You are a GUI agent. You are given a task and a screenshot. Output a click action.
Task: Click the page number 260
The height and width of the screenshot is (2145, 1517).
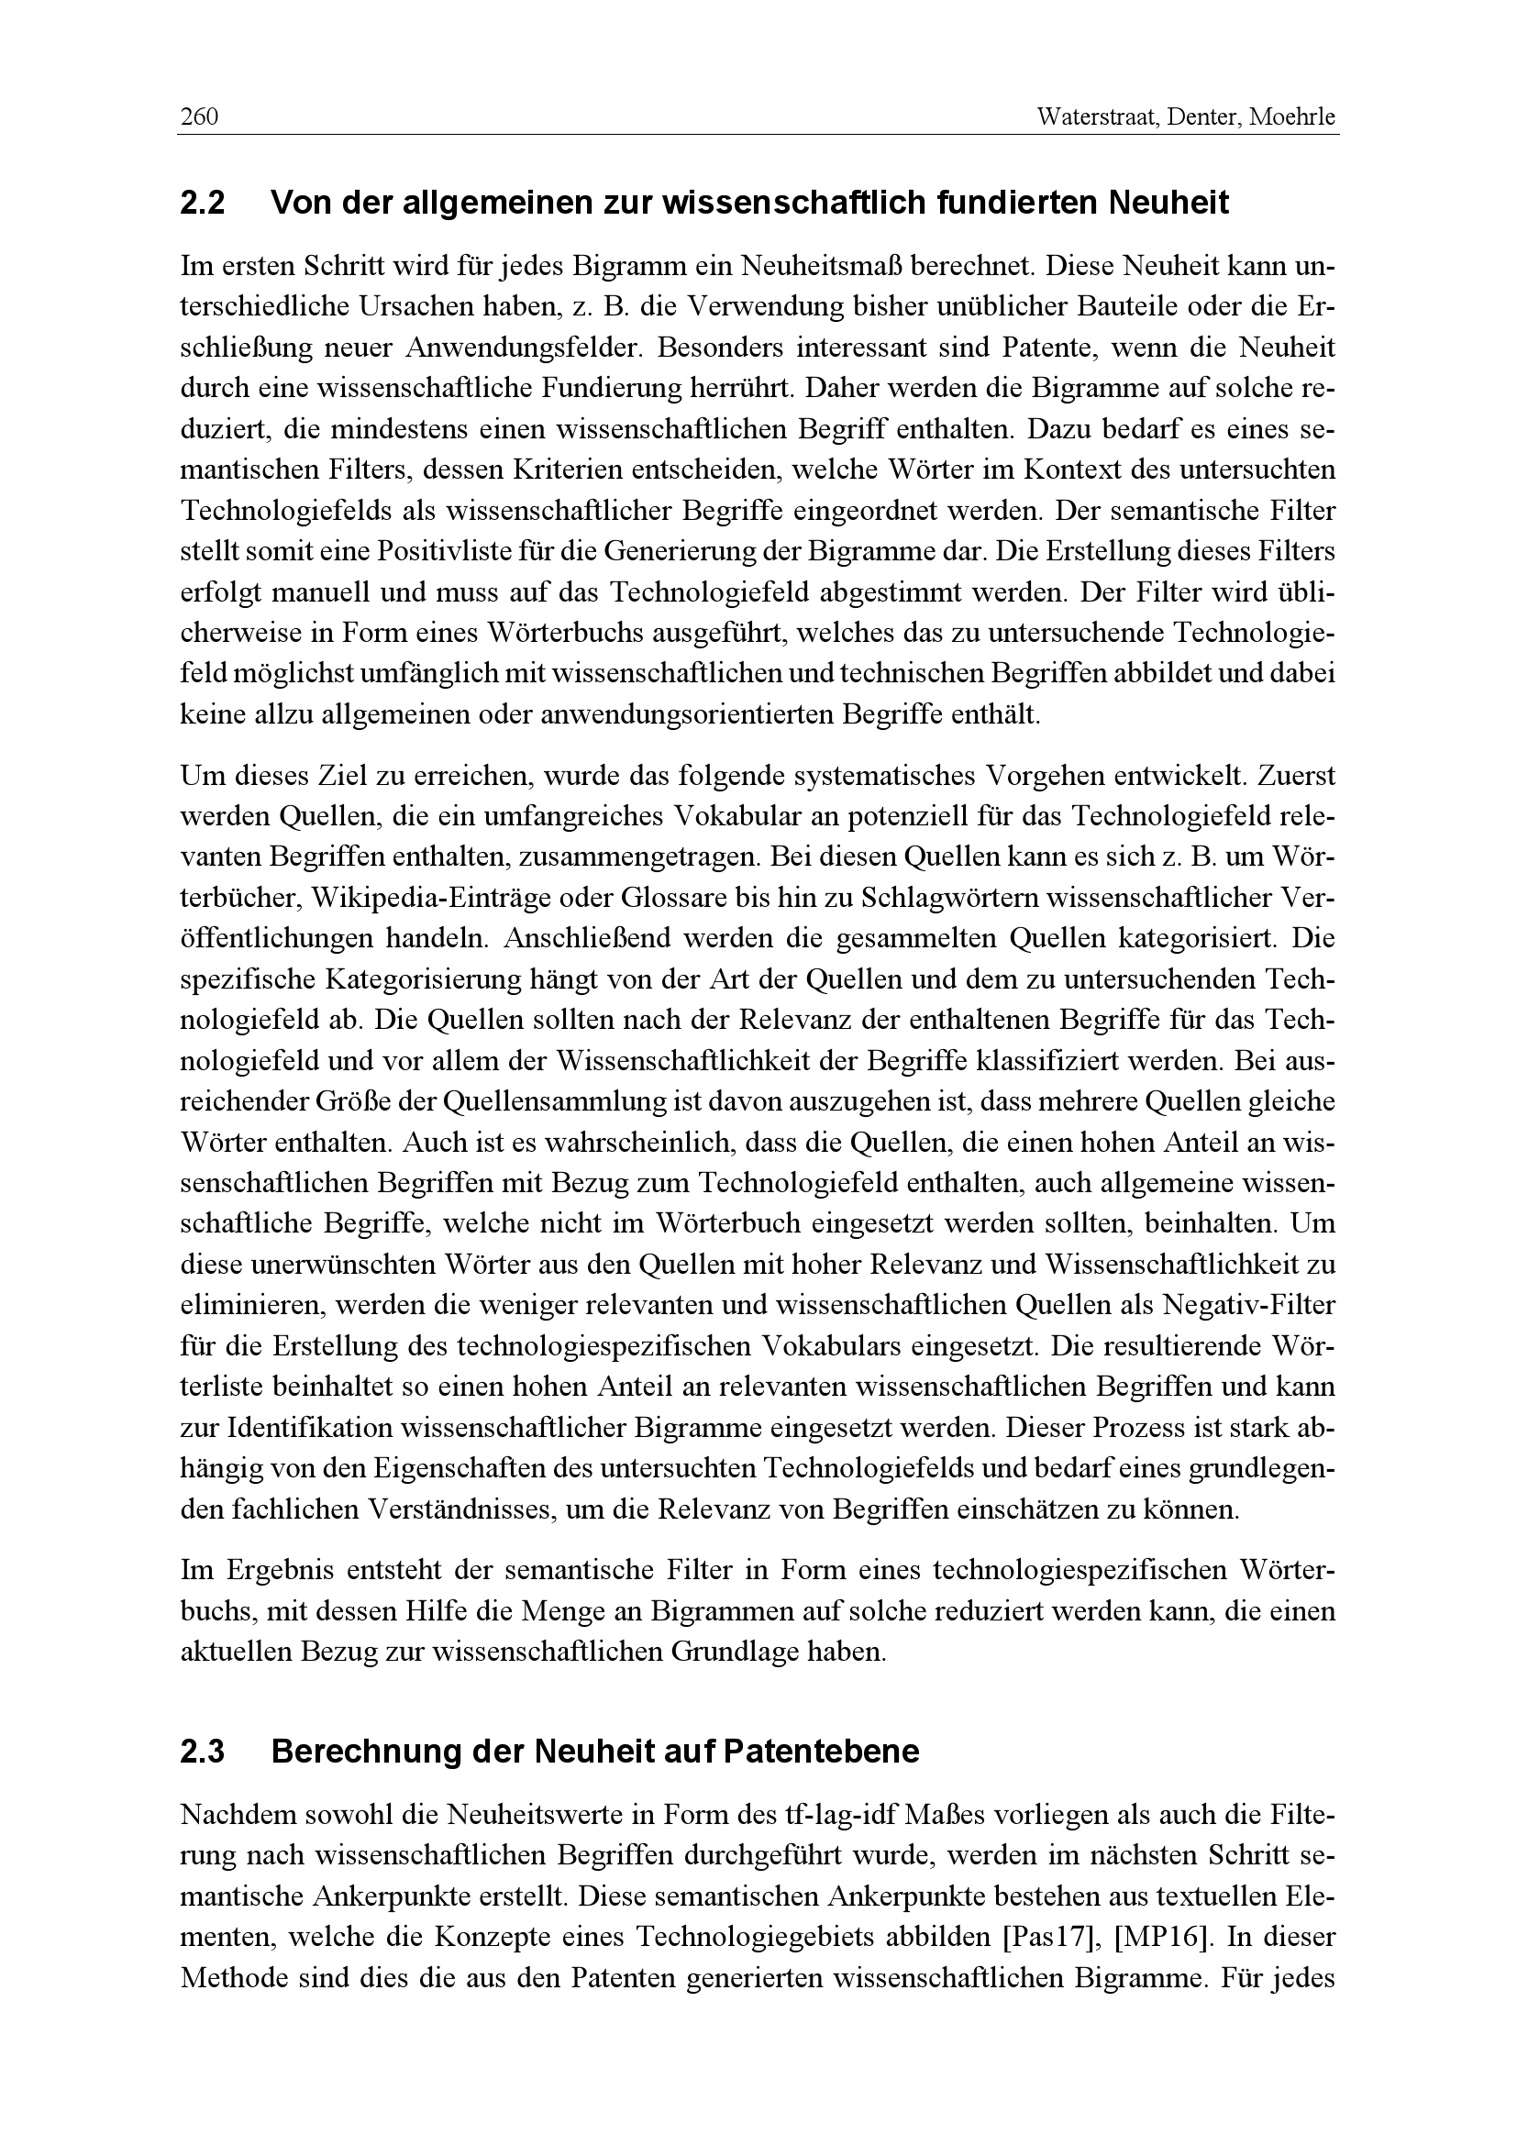[x=199, y=117]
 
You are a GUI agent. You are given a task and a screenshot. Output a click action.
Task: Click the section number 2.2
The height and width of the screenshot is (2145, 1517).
[x=203, y=203]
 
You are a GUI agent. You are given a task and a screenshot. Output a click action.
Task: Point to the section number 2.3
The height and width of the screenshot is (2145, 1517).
[x=203, y=1752]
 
